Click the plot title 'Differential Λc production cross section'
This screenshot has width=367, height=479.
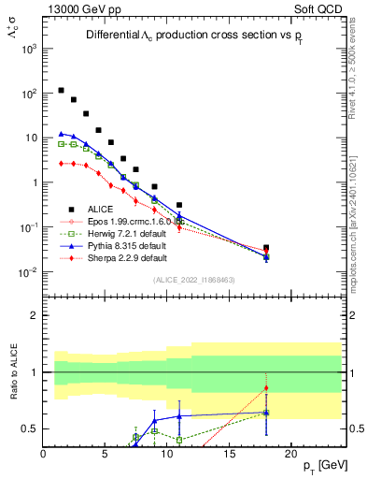point(177,35)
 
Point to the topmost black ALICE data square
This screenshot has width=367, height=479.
point(61,91)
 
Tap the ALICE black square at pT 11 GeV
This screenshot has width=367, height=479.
point(179,205)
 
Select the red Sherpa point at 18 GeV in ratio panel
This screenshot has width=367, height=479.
point(266,388)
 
